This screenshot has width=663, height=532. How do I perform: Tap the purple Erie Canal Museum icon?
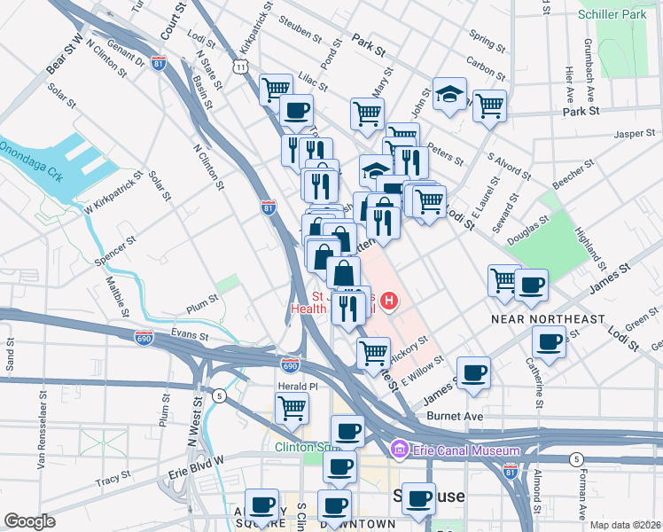click(x=399, y=450)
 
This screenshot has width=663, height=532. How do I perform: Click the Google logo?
click(x=29, y=521)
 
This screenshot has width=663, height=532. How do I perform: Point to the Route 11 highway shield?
click(x=240, y=66)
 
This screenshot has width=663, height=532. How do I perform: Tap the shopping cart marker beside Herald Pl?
click(x=292, y=408)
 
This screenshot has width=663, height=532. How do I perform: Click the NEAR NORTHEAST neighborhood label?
click(x=548, y=318)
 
